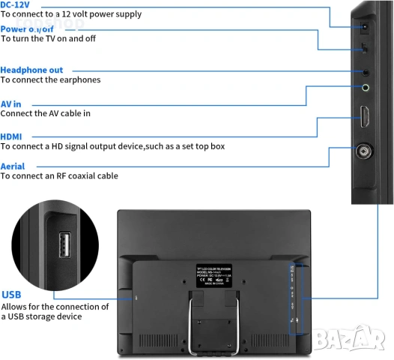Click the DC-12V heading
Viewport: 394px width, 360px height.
[x=16, y=4]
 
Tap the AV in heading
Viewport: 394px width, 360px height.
[x=11, y=103]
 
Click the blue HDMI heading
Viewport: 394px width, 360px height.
[x=11, y=136]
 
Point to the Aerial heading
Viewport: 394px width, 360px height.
[x=13, y=166]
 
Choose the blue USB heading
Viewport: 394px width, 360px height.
[x=11, y=295]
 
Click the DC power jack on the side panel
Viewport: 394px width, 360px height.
[x=366, y=27]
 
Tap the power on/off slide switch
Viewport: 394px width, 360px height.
[x=365, y=49]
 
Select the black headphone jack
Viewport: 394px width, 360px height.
[x=366, y=73]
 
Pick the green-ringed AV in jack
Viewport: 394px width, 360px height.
[x=366, y=87]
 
